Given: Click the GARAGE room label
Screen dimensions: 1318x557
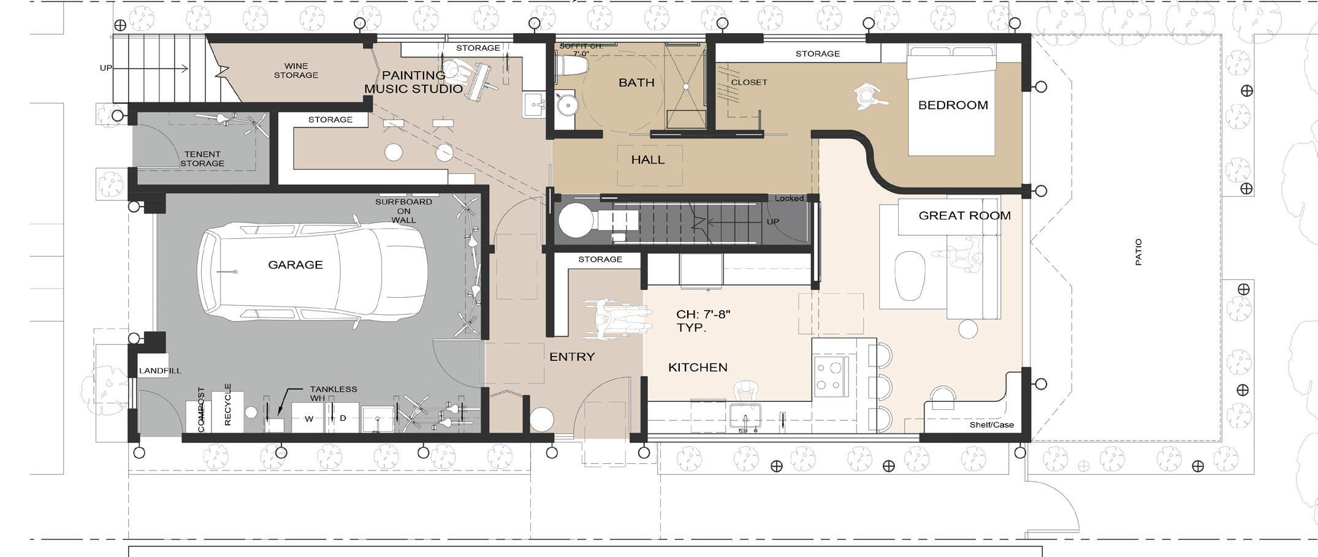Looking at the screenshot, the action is pos(295,265).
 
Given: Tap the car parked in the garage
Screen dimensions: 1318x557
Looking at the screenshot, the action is pos(312,272).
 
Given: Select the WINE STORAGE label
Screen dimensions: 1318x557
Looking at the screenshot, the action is pos(296,70).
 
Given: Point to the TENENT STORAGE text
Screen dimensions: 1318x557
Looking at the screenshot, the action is pos(202,159).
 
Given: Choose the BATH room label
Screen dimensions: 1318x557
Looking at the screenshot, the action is pos(636,83).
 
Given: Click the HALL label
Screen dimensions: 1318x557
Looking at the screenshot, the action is pos(648,160).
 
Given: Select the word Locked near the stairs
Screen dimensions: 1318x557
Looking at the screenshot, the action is pos(789,199).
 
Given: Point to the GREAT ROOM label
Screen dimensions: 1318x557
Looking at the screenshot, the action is pos(964,216).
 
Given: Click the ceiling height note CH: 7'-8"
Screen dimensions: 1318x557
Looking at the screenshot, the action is pos(703,314).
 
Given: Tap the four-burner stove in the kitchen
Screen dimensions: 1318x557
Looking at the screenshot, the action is pos(831,376).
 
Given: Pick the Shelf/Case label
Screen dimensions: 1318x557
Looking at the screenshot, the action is pos(991,425).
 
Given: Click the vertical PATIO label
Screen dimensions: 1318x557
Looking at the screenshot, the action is pos(1138,252).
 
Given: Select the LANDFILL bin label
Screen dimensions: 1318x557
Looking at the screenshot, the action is pos(160,371).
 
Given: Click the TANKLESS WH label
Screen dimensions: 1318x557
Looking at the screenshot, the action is pos(333,393).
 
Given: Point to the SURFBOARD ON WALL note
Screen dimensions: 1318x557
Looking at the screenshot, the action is pos(403,211).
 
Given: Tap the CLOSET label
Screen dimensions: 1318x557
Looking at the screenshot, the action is pos(749,82).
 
